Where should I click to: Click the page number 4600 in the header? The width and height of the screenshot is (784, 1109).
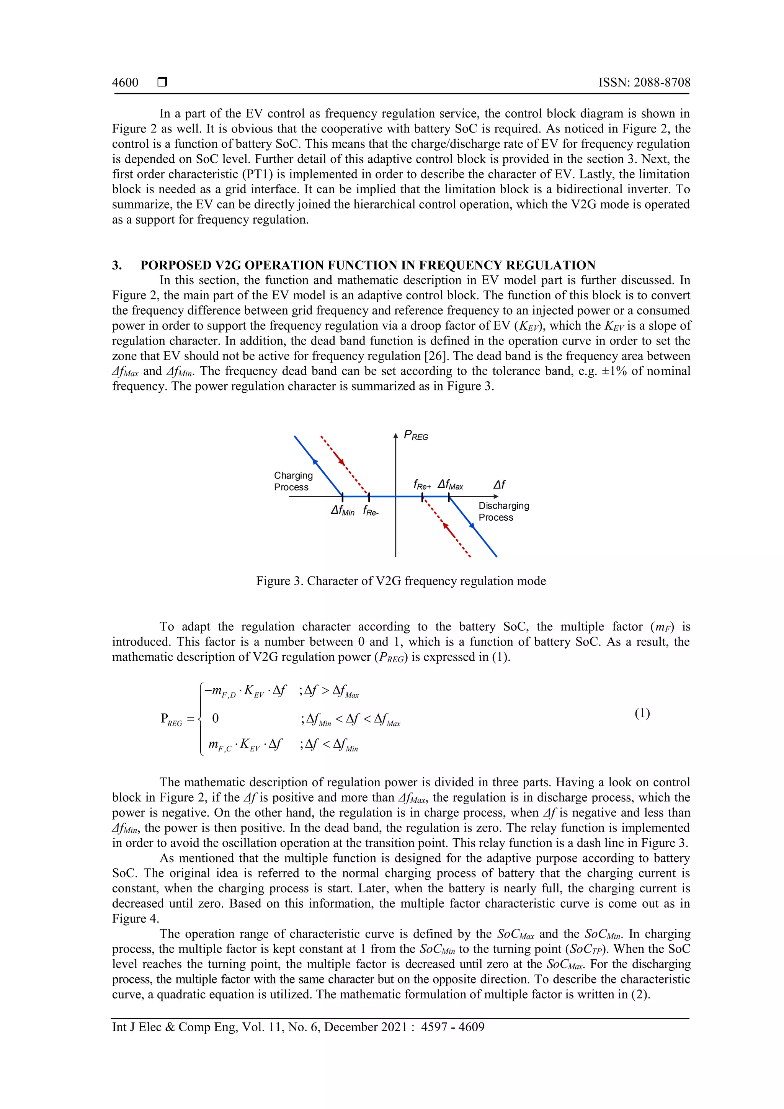(125, 83)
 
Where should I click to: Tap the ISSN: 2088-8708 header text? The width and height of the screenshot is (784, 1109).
(644, 83)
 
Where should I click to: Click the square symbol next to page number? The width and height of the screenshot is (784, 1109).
(162, 83)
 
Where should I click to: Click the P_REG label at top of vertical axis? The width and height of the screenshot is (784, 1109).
(416, 436)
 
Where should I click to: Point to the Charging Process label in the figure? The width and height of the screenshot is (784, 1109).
(293, 481)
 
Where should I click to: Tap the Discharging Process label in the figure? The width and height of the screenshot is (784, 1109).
(503, 511)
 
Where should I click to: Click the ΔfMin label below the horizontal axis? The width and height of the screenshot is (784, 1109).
(343, 511)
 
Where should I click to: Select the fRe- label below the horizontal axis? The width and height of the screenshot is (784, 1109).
(371, 511)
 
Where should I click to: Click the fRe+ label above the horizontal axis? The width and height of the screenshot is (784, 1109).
(422, 485)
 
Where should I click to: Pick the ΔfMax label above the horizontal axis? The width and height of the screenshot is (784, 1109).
(450, 485)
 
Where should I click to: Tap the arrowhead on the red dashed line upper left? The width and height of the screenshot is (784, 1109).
(341, 462)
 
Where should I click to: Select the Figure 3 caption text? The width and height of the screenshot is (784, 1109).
(401, 581)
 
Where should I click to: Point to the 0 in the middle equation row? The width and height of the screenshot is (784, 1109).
(216, 718)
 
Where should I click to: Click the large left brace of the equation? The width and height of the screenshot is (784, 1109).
(199, 718)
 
